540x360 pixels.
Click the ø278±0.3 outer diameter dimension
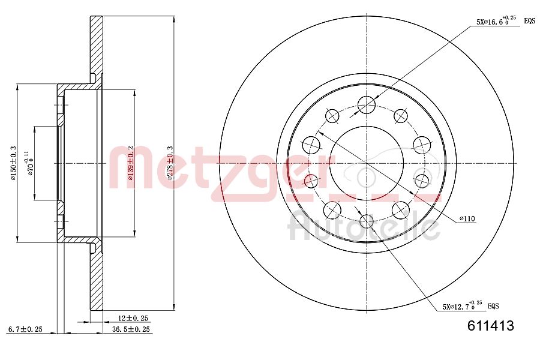pyautogui.click(x=170, y=163)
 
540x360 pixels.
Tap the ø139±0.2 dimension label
pyautogui.click(x=129, y=163)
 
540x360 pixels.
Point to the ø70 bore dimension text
pyautogui.click(x=30, y=163)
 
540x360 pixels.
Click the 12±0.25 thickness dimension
pyautogui.click(x=133, y=317)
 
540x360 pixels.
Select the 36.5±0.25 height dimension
pyautogui.click(x=131, y=329)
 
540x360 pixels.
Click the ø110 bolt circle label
pyautogui.click(x=467, y=220)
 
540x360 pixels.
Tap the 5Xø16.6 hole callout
pyautogui.click(x=496, y=21)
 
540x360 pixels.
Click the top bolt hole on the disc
pyautogui.click(x=366, y=105)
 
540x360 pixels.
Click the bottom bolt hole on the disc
pyautogui.click(x=366, y=221)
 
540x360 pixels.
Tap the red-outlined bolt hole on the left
pyautogui.click(x=310, y=180)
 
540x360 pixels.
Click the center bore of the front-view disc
pyautogui.click(x=366, y=163)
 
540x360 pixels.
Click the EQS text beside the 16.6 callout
pyautogui.click(x=530, y=21)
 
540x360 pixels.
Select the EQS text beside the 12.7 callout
pyautogui.click(x=493, y=306)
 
